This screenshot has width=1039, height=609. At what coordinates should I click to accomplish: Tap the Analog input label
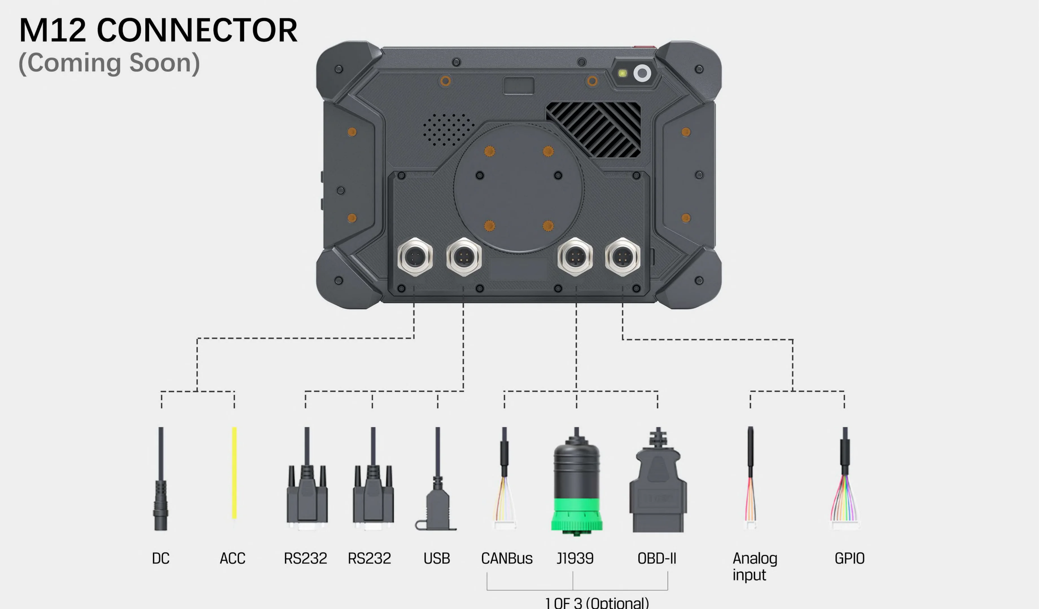coord(755,566)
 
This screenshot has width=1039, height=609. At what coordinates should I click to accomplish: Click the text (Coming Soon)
coord(109,63)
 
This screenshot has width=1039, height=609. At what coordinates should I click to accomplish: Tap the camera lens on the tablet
coord(642,73)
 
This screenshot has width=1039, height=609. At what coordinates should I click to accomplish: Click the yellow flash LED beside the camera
coord(622,73)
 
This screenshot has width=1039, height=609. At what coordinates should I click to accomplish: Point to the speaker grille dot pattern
coord(448,129)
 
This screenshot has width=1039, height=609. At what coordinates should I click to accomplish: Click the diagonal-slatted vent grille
coord(594,129)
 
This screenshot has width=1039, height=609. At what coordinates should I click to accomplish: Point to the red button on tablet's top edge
coord(639,47)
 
